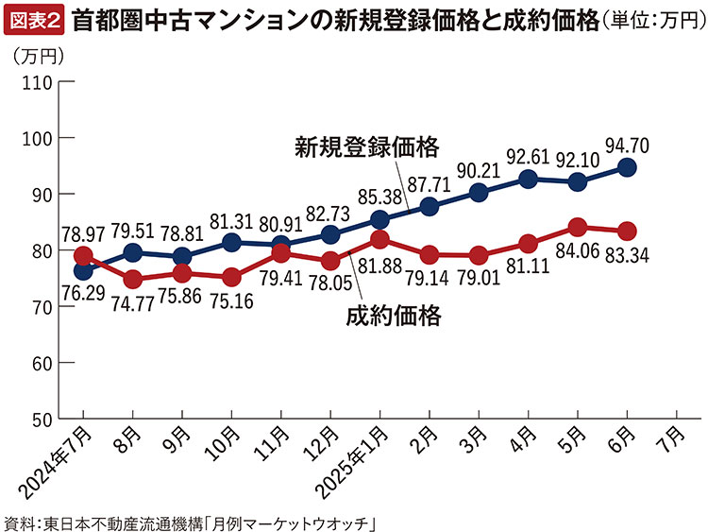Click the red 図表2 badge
click(x=34, y=17)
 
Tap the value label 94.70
click(x=627, y=145)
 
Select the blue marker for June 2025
click(x=628, y=167)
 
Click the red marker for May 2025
click(x=578, y=227)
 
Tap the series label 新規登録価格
click(x=366, y=148)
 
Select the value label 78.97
click(x=82, y=232)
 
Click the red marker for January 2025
click(x=379, y=239)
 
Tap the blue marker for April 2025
click(x=529, y=179)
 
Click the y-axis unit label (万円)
click(x=39, y=57)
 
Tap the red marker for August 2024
click(x=132, y=280)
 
